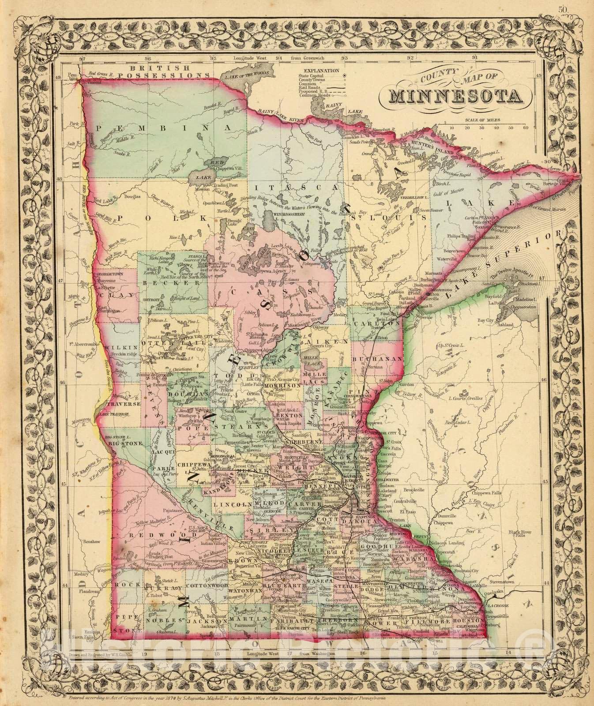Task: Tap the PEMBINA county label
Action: coord(163,128)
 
